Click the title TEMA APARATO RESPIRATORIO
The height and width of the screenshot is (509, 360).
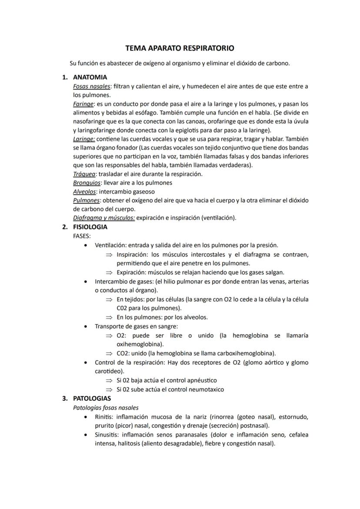(180, 48)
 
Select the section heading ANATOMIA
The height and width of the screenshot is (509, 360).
(90, 77)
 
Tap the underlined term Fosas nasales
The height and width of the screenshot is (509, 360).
(91, 86)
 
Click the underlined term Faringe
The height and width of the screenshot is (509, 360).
(83, 104)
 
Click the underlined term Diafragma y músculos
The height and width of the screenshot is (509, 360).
(103, 218)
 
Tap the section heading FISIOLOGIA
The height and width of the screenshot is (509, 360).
(90, 227)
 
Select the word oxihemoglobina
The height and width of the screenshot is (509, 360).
(139, 344)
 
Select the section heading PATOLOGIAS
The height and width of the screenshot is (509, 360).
(92, 399)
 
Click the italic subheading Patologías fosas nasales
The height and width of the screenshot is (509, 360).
(106, 408)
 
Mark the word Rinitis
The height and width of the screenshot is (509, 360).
(103, 417)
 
